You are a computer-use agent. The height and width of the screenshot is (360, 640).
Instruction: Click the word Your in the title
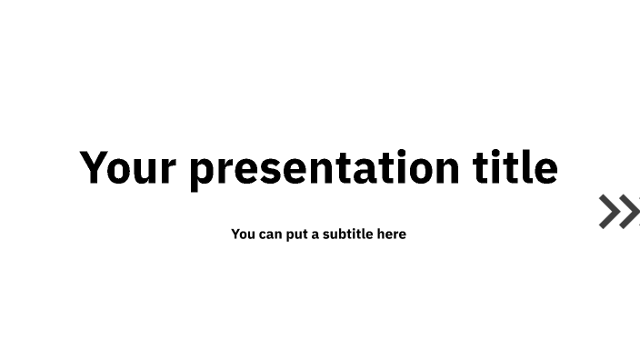pyautogui.click(x=128, y=168)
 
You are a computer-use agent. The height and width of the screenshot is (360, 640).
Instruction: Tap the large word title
pyautogui.click(x=515, y=168)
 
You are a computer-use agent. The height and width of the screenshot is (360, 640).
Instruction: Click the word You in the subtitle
pyautogui.click(x=243, y=235)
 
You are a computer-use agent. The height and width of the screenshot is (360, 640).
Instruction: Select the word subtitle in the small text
pyautogui.click(x=348, y=235)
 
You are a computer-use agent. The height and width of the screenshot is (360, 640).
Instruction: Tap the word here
pyautogui.click(x=392, y=235)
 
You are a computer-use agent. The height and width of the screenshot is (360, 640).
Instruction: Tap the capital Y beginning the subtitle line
pyautogui.click(x=236, y=235)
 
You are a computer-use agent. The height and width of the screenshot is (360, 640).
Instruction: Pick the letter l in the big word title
pyautogui.click(x=532, y=167)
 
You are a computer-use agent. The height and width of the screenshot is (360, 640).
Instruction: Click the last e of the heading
pyautogui.click(x=547, y=171)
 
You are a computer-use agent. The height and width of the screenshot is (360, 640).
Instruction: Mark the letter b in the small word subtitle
pyautogui.click(x=346, y=235)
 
